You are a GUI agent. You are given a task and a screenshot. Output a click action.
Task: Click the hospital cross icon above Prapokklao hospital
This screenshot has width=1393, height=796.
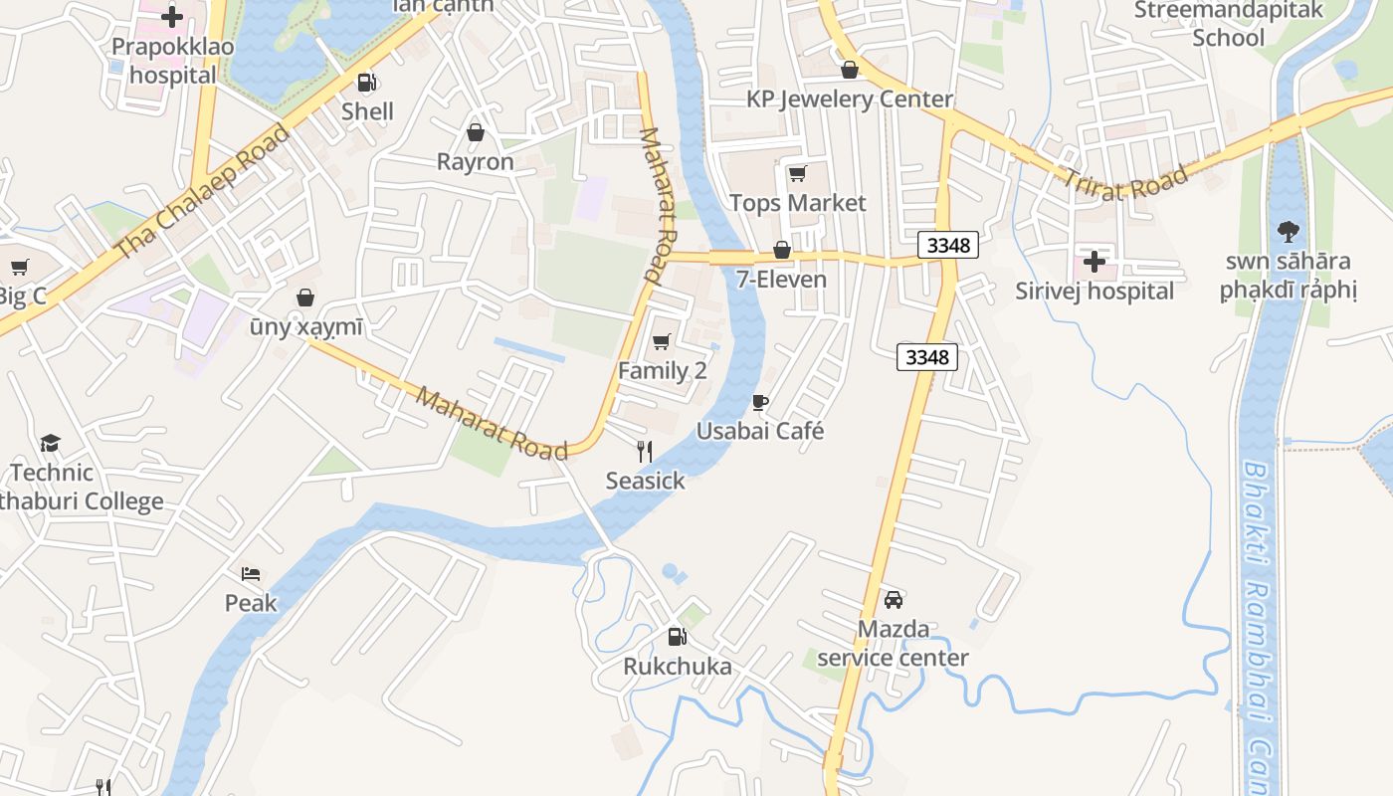pos(172,17)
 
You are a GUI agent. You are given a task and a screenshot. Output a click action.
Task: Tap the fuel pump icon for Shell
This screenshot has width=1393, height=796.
pos(367,82)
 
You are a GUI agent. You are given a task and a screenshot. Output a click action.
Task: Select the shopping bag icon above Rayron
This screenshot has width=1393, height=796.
pos(476,131)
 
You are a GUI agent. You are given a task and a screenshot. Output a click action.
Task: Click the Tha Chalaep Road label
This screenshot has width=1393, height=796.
pos(203,192)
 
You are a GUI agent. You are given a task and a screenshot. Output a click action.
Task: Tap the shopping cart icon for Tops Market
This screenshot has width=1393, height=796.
pos(797,174)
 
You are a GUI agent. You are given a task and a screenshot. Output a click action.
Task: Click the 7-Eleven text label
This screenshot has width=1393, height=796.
pos(781,279)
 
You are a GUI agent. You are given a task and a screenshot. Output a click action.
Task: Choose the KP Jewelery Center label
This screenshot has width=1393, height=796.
pos(850,99)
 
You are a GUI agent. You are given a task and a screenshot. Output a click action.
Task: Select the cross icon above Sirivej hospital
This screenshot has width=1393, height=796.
pos(1094,262)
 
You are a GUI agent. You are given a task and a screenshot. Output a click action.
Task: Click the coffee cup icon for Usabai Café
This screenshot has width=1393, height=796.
pos(760,402)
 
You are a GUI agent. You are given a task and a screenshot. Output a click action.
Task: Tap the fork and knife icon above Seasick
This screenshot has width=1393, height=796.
pos(645,452)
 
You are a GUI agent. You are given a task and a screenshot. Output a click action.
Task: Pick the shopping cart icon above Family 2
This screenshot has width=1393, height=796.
pos(662,341)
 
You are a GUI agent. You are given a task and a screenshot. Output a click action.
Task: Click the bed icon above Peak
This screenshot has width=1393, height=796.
pos(251,574)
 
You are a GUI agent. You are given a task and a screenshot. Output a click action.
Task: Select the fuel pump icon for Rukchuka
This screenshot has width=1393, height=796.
pos(677,637)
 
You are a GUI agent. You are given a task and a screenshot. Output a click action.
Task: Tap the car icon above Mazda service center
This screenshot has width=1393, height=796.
pos(894,600)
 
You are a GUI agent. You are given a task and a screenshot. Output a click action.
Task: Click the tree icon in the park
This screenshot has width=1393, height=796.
pos(1288,232)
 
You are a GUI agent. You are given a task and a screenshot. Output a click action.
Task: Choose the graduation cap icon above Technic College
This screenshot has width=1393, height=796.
pos(50,443)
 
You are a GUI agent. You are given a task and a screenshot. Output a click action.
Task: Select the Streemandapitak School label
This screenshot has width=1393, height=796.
pos(1229,24)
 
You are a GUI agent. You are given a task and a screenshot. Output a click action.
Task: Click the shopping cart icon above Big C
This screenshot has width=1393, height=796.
pos(19,267)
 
